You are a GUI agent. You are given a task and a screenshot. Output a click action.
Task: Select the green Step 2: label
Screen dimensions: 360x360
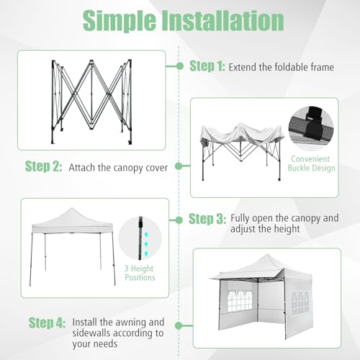pos(44,167)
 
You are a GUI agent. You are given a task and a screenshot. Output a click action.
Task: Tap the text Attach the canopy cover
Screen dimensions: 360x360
pos(118,168)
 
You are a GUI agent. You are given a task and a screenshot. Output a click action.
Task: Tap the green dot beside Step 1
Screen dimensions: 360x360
pos(179,66)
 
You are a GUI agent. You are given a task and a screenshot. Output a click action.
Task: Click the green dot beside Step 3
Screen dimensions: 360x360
pos(179,219)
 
